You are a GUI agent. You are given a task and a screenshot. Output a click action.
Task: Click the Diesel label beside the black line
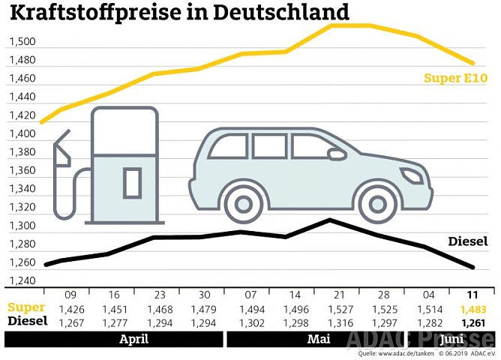(468, 241)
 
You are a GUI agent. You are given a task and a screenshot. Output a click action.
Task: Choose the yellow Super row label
(26, 307)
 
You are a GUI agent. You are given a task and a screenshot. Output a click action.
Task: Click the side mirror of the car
(337, 154)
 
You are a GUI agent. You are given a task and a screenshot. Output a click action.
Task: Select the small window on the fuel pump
(133, 182)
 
